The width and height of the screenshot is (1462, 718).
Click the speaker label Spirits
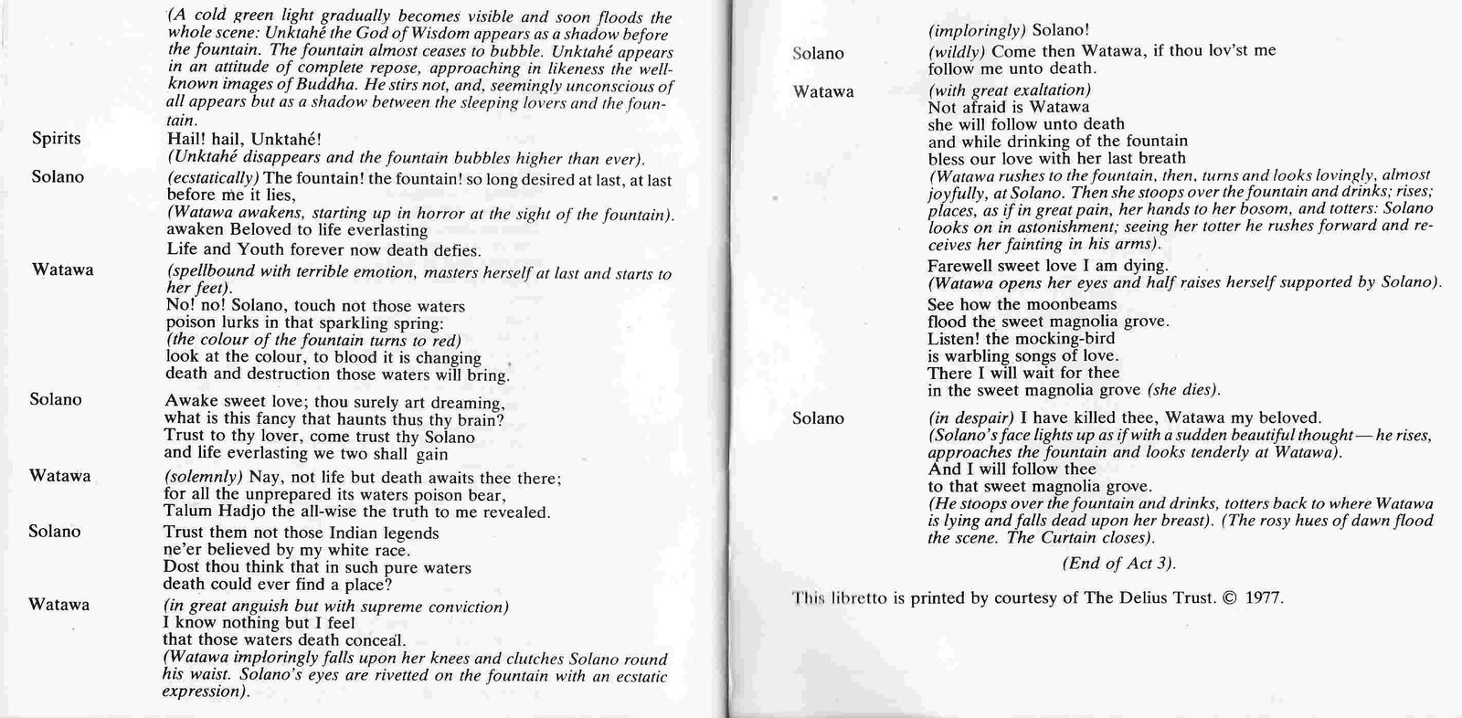[56, 139]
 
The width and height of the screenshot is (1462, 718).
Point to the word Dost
[181, 567]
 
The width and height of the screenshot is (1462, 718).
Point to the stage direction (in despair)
[966, 418]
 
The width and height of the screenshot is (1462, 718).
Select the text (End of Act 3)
[1118, 563]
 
